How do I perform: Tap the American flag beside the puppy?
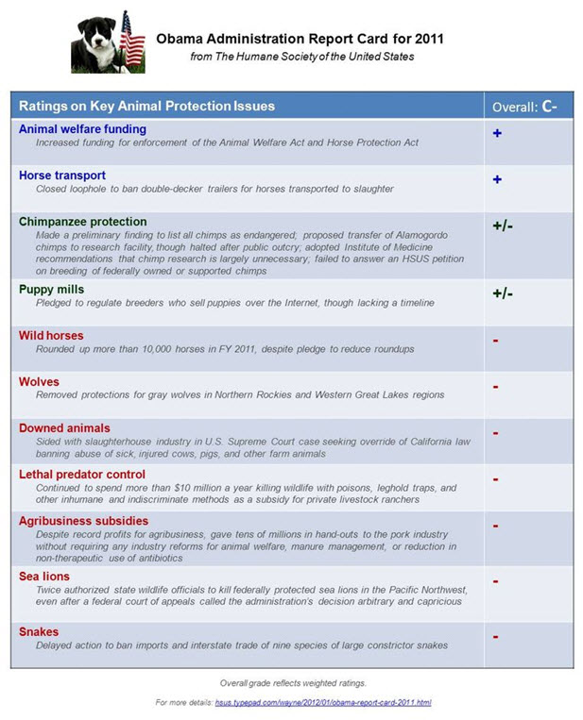pos(132,40)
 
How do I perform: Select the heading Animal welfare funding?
pos(83,129)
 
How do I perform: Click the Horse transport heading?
pos(62,176)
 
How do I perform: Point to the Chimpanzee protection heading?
pos(83,222)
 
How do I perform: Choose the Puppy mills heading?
pos(52,290)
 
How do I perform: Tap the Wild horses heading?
pos(51,335)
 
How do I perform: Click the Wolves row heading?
pos(40,381)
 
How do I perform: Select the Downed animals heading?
pos(64,428)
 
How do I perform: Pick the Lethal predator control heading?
pos(82,475)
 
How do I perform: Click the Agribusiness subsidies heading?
pos(83,521)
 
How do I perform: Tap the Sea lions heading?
pos(44,575)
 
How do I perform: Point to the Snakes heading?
pos(39,631)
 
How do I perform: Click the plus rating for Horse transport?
pos(497,179)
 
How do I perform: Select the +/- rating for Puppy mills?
pos(503,293)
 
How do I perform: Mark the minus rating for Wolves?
pos(496,386)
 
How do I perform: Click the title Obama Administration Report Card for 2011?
pos(300,40)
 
